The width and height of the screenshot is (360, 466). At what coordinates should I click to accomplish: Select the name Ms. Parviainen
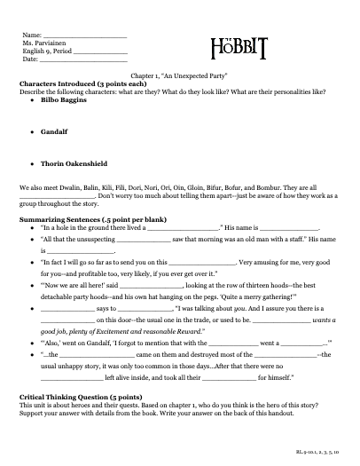pyautogui.click(x=43, y=43)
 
